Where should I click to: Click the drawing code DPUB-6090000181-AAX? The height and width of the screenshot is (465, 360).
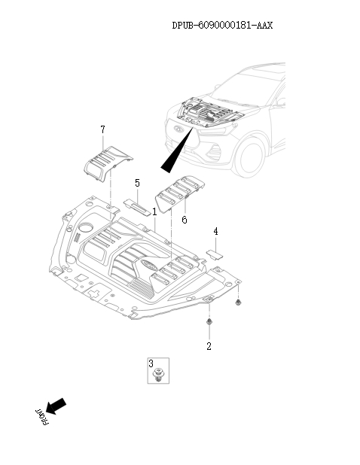pyautogui.click(x=222, y=26)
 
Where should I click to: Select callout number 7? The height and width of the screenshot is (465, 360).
pyautogui.click(x=102, y=129)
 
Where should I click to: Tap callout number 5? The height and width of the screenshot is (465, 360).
pyautogui.click(x=137, y=183)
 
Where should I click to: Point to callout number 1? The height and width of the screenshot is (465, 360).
pyautogui.click(x=154, y=211)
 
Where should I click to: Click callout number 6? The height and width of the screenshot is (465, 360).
pyautogui.click(x=185, y=220)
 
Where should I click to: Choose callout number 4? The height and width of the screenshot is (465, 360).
pyautogui.click(x=215, y=231)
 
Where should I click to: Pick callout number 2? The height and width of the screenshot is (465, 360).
pyautogui.click(x=209, y=346)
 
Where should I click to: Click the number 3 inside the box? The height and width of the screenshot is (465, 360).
pyautogui.click(x=151, y=363)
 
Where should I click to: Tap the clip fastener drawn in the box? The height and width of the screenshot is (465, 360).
pyautogui.click(x=158, y=375)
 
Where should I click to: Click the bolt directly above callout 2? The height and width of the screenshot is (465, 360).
pyautogui.click(x=209, y=322)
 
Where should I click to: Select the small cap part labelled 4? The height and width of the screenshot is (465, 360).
pyautogui.click(x=215, y=255)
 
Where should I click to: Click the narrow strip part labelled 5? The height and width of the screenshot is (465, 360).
pyautogui.click(x=137, y=207)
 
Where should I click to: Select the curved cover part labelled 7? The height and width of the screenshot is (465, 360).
pyautogui.click(x=108, y=163)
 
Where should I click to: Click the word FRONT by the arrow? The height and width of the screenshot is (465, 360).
pyautogui.click(x=42, y=417)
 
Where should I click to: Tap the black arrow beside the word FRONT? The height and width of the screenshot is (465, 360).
pyautogui.click(x=56, y=406)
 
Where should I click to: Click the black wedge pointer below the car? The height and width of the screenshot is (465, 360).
pyautogui.click(x=177, y=150)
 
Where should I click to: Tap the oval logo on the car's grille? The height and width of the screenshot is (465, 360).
pyautogui.click(x=178, y=129)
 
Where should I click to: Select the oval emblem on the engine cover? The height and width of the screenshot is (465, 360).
pyautogui.click(x=148, y=265)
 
